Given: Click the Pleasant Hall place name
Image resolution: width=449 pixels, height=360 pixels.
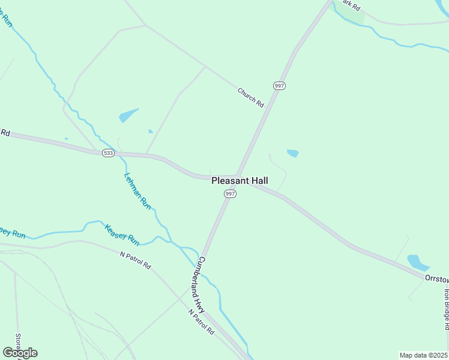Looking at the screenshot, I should click(x=240, y=181).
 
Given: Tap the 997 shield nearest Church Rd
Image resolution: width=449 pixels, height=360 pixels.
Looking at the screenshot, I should click(x=279, y=86).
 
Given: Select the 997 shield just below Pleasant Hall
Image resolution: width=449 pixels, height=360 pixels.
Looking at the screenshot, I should click(x=231, y=194).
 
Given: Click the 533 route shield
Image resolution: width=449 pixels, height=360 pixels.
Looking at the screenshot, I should click(x=108, y=153).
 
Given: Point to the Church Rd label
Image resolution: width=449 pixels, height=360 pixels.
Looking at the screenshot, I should click(x=250, y=97).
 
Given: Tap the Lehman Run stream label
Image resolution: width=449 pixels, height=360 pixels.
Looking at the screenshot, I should click(x=137, y=191).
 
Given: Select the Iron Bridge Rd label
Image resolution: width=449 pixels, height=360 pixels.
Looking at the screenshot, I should click(x=446, y=310).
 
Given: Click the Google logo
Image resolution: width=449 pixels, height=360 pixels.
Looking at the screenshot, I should click(x=20, y=352).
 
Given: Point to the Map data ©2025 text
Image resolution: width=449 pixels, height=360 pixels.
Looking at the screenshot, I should click(x=424, y=355).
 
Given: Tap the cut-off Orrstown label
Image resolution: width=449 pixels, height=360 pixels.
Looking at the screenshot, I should click(x=436, y=279).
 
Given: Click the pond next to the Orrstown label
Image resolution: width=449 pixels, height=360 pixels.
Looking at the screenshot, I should click(x=417, y=262).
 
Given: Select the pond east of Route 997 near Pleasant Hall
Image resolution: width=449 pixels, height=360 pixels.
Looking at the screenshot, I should click(x=293, y=153).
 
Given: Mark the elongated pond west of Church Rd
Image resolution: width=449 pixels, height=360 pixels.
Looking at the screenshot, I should click(x=128, y=115).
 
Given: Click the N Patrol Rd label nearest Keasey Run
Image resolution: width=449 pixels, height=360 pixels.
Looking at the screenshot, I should click(x=136, y=260).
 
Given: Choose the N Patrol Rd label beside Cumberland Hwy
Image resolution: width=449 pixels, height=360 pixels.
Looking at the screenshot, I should click(x=200, y=322).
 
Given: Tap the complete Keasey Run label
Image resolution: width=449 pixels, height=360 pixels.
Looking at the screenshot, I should click(x=122, y=235).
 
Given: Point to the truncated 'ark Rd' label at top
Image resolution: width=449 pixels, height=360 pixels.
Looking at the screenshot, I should click(x=351, y=5).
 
